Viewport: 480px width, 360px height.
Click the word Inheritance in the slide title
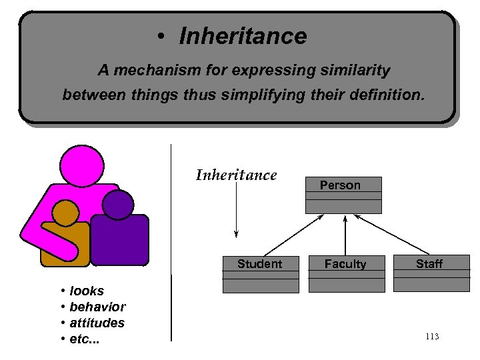coord(243,36)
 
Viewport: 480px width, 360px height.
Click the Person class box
coord(343,195)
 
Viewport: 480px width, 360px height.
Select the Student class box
coord(260,274)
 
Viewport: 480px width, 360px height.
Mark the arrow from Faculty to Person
coord(345,235)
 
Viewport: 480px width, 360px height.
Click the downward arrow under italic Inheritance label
coord(236,210)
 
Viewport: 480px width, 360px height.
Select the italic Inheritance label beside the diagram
coord(236,175)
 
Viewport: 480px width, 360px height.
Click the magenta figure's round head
coord(81,167)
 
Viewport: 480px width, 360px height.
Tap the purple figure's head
coord(118,205)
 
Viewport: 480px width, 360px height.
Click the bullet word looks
coord(87,291)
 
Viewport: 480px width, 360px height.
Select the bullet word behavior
coord(97,307)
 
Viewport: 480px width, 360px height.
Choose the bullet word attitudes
coord(97,323)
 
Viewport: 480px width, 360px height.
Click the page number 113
coord(431,336)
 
